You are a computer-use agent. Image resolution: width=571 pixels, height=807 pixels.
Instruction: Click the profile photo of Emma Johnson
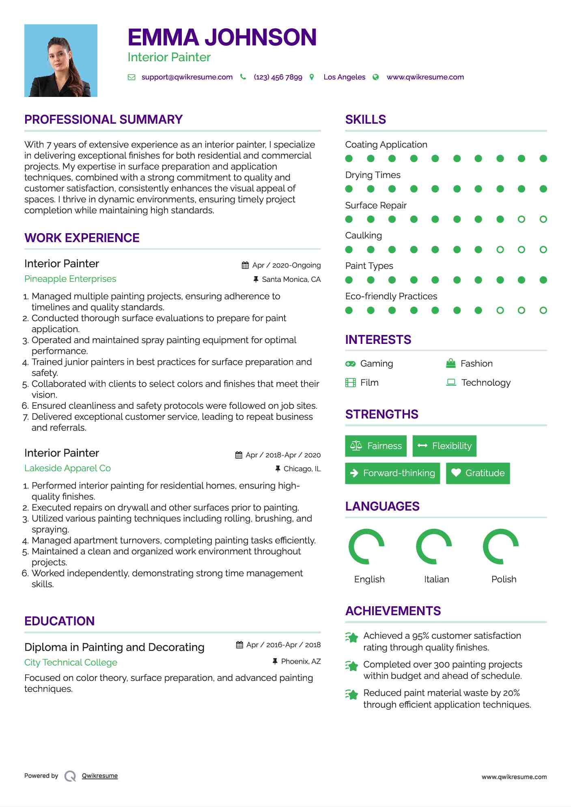tap(61, 60)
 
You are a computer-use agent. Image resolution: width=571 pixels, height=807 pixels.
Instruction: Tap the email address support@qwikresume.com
tap(187, 77)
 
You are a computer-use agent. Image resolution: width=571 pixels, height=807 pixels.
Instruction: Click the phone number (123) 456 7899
tap(278, 77)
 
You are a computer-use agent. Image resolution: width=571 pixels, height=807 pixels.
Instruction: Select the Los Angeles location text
tap(344, 77)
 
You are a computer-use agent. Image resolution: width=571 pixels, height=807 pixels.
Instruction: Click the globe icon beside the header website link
tap(376, 77)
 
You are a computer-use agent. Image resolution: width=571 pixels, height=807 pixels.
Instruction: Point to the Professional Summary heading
tap(103, 120)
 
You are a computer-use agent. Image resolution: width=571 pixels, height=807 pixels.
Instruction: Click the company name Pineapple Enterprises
tap(70, 279)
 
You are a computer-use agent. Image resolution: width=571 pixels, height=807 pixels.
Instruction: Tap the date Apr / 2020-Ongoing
tap(286, 265)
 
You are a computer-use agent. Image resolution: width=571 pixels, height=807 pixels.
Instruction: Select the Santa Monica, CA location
tap(291, 279)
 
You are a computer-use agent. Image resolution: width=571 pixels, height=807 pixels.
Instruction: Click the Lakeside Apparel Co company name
tap(67, 468)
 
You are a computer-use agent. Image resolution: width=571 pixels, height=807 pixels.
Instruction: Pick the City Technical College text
tap(71, 663)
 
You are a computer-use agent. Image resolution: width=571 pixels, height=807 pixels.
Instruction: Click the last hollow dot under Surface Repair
tap(543, 219)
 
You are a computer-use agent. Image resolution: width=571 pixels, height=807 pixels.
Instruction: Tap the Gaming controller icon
tap(350, 364)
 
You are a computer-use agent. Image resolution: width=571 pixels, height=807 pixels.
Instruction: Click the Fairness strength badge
tap(376, 446)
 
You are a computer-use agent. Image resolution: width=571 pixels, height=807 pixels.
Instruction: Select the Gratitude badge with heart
tap(478, 473)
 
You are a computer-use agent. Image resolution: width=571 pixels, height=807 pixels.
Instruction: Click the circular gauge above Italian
tap(434, 547)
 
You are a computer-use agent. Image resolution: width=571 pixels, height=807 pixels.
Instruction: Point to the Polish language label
tap(504, 579)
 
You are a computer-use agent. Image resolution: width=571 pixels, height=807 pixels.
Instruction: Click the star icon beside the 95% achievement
tap(352, 637)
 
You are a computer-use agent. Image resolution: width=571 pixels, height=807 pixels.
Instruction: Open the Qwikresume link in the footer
tap(100, 776)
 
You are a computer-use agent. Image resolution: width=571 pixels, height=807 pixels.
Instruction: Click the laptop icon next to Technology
tap(451, 382)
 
